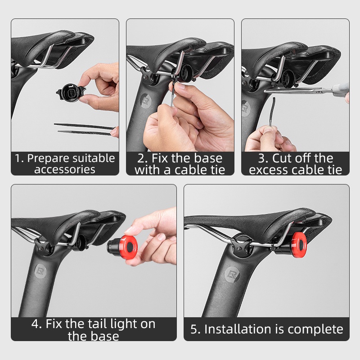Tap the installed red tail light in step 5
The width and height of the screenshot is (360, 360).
tap(299, 244)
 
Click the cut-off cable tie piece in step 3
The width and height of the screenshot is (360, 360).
tap(273, 112)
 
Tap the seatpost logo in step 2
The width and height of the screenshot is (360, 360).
tap(145, 101)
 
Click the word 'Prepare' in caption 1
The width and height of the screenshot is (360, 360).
tap(48, 159)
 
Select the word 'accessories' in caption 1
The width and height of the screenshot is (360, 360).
tap(65, 170)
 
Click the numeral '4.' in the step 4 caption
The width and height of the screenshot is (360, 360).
tap(37, 324)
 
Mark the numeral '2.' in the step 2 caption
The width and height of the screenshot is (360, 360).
tap(143, 158)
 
